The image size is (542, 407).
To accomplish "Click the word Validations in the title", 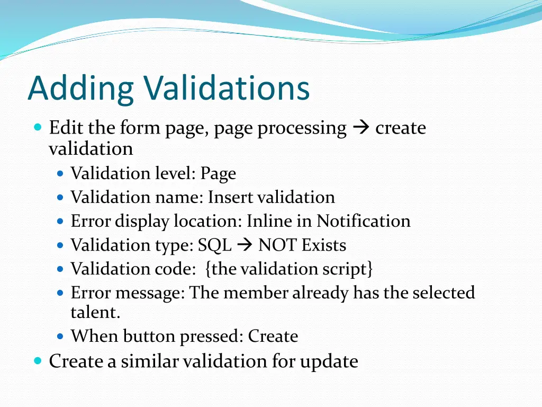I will click(x=227, y=89).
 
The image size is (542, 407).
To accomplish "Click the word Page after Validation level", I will click(x=218, y=174).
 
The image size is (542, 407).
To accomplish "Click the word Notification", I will click(x=364, y=221).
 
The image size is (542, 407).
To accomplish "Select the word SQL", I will click(x=215, y=245).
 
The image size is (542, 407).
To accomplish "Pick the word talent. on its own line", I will click(x=96, y=312).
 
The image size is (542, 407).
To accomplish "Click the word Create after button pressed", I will click(x=273, y=336).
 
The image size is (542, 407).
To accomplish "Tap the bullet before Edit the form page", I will click(x=37, y=128).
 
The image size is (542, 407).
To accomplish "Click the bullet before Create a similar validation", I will click(x=37, y=361).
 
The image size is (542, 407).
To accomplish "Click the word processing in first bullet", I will click(x=302, y=128).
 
